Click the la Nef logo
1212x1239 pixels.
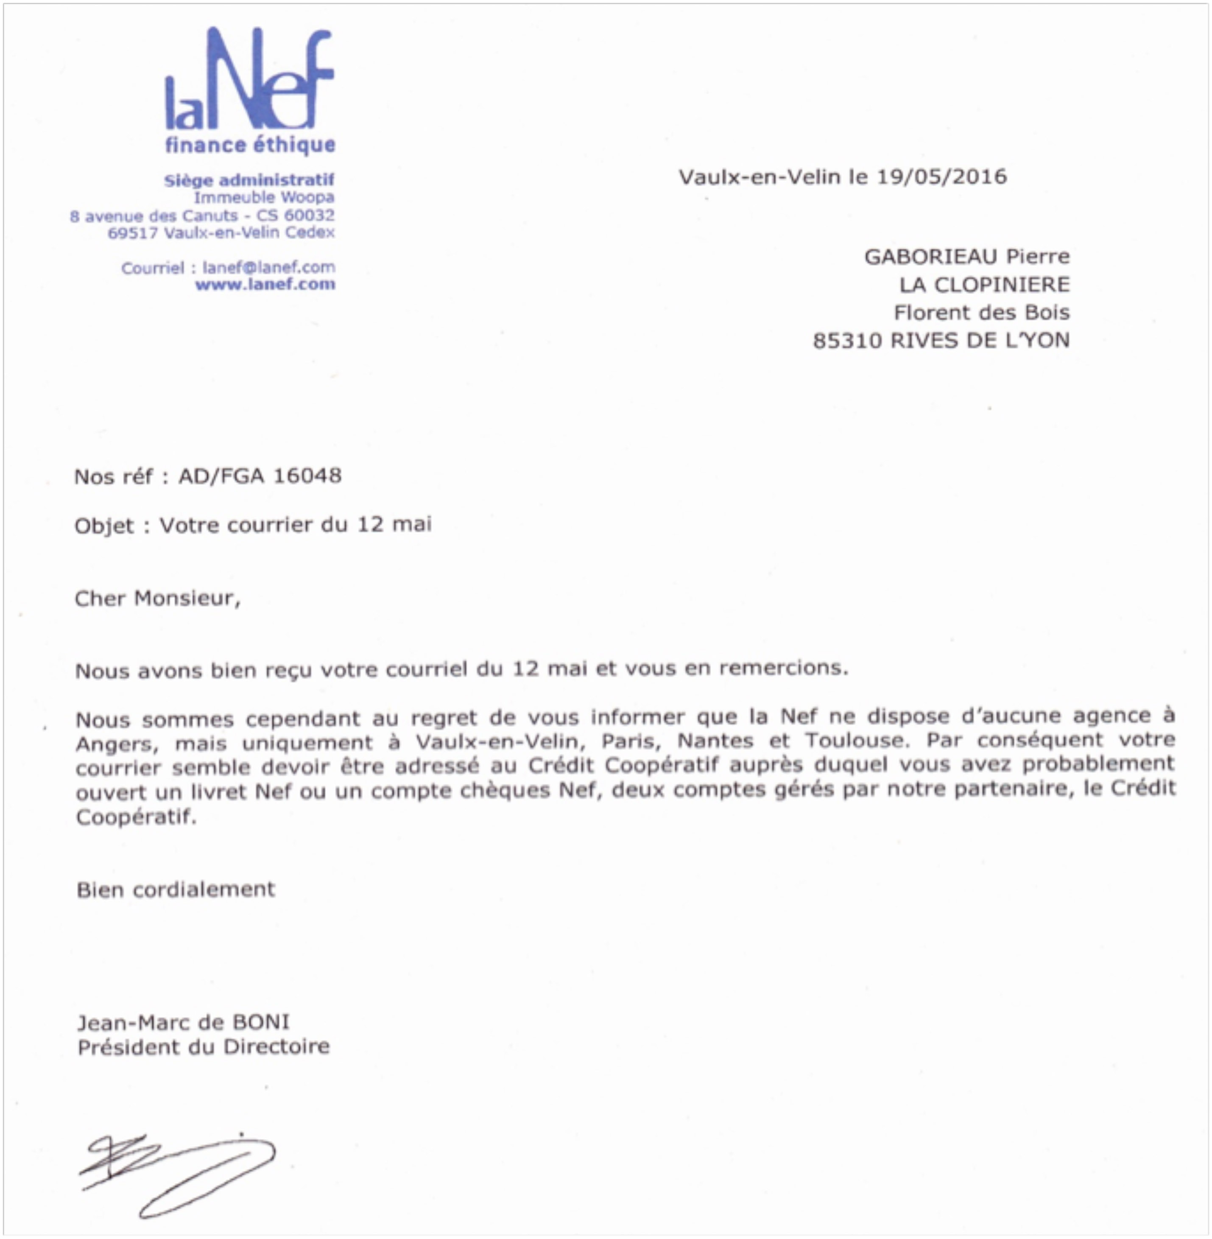point(249,80)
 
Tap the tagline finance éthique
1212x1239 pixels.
point(250,145)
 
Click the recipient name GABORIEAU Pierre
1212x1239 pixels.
point(966,257)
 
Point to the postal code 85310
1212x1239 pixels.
point(847,341)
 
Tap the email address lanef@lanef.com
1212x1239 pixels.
point(268,267)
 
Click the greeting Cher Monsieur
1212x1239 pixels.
point(157,599)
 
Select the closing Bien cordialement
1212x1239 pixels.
point(176,889)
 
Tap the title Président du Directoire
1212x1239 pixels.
point(204,1047)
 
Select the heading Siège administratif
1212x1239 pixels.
point(249,180)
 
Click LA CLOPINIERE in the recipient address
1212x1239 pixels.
point(984,285)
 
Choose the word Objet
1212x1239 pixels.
point(104,526)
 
